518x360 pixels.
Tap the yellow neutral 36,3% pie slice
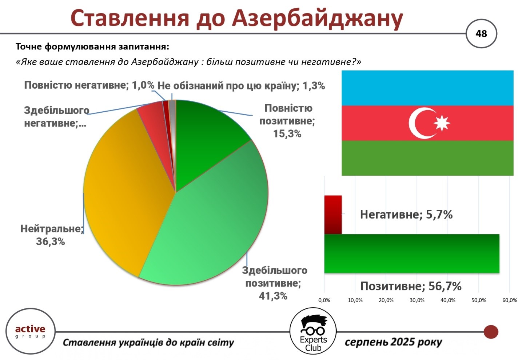[x=125, y=192]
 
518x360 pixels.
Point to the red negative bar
[x=333, y=215]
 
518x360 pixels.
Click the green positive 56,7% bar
[x=412, y=254]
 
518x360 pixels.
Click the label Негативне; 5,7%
[x=406, y=215]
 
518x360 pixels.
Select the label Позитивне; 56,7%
[x=411, y=286]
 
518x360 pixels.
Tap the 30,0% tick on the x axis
[x=417, y=300]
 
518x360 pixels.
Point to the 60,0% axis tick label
[x=510, y=300]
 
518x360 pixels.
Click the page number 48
[x=481, y=34]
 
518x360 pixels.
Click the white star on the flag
[x=442, y=123]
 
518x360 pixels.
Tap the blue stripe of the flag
[x=427, y=88]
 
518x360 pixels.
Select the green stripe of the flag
[x=427, y=158]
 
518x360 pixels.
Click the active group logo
[x=31, y=332]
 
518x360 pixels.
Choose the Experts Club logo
[x=313, y=331]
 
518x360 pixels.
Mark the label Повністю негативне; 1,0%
[x=89, y=85]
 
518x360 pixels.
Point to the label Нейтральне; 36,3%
[x=52, y=235]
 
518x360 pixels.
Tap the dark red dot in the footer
[x=491, y=332]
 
